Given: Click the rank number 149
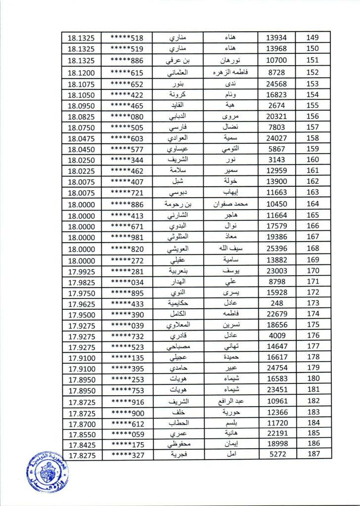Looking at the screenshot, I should click(313, 38).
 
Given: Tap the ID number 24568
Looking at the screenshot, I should click(277, 84).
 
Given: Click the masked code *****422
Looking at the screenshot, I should click(127, 95).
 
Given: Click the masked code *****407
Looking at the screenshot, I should click(127, 181).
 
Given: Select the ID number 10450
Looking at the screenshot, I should click(277, 204).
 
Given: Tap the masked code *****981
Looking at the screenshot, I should click(127, 237).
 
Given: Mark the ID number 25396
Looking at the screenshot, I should click(277, 248).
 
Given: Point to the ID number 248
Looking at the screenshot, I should click(277, 303).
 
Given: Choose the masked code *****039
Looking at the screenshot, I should click(127, 325).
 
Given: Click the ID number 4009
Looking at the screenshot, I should click(277, 336).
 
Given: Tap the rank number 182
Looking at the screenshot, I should click(313, 401).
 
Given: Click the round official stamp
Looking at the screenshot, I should click(45, 472).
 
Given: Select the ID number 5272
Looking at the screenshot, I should click(277, 455).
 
